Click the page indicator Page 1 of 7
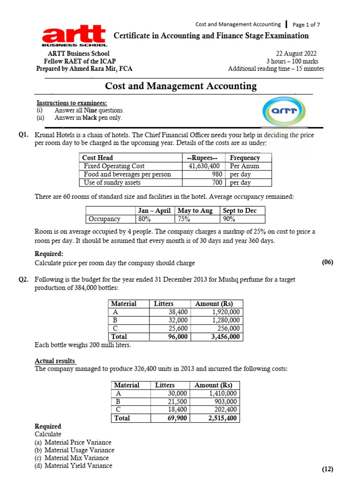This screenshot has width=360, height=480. (x=306, y=24)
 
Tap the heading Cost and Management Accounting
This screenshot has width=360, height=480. (x=180, y=86)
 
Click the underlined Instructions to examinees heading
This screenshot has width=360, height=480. (x=72, y=103)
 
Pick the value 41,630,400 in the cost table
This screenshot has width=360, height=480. (x=204, y=166)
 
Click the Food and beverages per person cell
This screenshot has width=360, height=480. (x=127, y=174)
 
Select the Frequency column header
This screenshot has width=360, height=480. (x=245, y=158)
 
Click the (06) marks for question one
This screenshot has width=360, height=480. (x=327, y=262)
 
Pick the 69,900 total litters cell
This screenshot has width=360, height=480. (x=177, y=418)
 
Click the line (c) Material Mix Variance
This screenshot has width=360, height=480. (x=72, y=458)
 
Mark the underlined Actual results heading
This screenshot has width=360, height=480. (x=55, y=361)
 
